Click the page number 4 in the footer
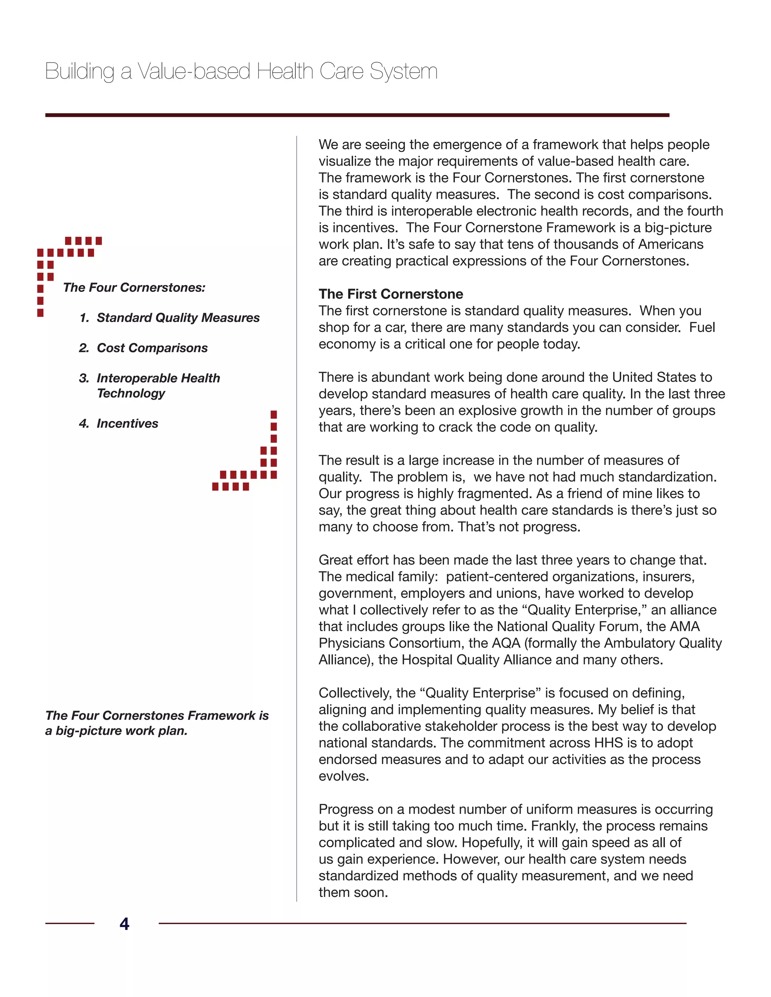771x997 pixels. click(124, 924)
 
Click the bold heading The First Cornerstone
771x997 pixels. click(390, 294)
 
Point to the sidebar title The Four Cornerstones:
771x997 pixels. click(134, 287)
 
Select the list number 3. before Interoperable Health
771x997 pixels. click(84, 378)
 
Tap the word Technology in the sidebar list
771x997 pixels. click(131, 393)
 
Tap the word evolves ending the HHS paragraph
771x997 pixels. click(343, 776)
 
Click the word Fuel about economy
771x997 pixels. click(702, 327)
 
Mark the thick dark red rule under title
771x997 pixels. click(357, 115)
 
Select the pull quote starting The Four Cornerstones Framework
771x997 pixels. click(157, 723)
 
